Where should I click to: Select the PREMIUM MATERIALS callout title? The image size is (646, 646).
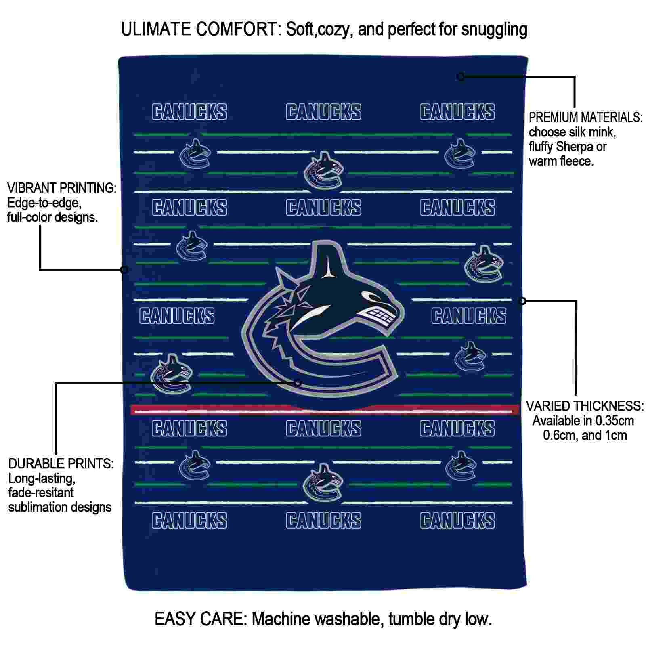click(585, 117)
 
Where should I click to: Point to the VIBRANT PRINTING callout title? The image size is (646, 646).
click(62, 188)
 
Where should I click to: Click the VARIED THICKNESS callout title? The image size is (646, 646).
click(585, 406)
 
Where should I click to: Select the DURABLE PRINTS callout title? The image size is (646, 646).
click(61, 464)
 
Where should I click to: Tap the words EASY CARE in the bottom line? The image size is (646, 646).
click(200, 619)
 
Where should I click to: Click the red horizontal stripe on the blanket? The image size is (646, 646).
click(325, 410)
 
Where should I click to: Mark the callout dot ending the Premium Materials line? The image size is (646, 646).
click(461, 76)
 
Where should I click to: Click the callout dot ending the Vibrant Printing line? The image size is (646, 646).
click(124, 270)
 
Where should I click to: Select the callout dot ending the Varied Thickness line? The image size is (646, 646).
click(522, 301)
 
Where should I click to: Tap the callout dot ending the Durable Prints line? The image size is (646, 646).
click(298, 383)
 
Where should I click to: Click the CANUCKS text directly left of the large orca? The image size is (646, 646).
click(177, 316)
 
